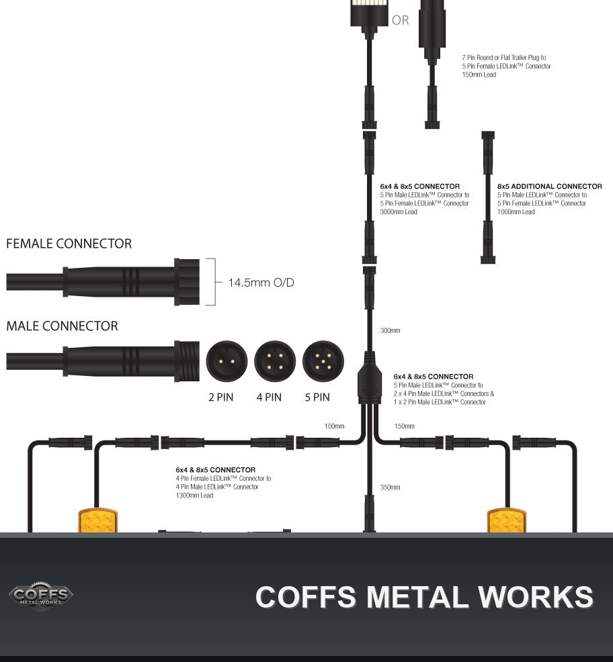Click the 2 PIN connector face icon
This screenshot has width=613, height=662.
click(227, 361)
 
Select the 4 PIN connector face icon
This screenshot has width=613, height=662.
click(275, 361)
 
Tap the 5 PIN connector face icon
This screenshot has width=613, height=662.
click(323, 361)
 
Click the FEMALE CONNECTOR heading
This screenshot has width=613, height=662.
click(69, 244)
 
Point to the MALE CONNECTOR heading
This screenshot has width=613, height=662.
click(62, 326)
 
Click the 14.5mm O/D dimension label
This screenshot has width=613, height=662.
click(261, 283)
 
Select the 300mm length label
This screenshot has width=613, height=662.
click(391, 330)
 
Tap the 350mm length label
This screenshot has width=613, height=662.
click(391, 487)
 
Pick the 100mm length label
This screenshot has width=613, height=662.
click(335, 426)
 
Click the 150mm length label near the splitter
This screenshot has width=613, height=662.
click(405, 426)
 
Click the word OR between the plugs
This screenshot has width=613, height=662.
click(401, 20)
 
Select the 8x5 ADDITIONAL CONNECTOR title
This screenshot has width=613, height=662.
click(550, 186)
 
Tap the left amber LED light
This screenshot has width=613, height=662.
click(98, 521)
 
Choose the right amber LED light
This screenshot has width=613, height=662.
click(507, 521)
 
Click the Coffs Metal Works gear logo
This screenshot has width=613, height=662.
click(41, 596)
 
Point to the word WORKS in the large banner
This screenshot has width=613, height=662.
click(536, 597)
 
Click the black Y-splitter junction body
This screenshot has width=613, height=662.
click(370, 382)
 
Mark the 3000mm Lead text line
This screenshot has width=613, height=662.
click(399, 212)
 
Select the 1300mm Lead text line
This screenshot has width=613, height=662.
click(194, 495)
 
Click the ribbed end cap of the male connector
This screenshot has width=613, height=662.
click(187, 361)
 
